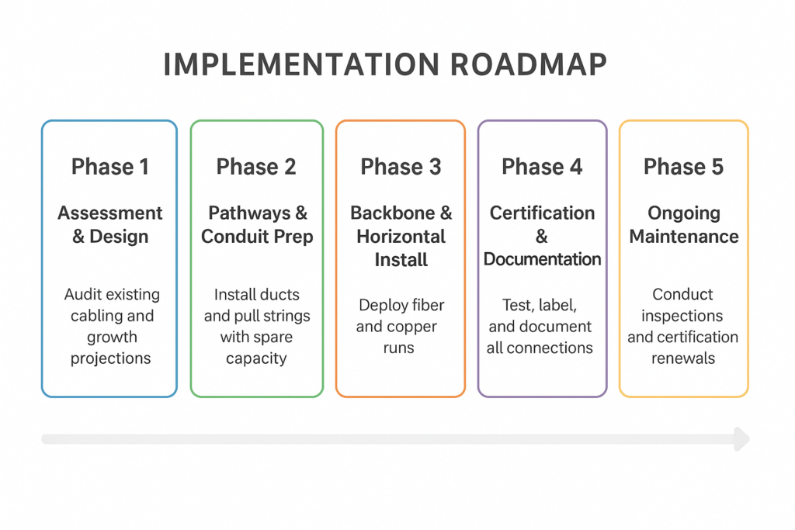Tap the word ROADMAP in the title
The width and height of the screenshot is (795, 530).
pyautogui.click(x=529, y=65)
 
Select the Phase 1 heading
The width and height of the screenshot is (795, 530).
pyautogui.click(x=109, y=167)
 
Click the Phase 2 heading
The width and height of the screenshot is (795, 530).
pyautogui.click(x=256, y=167)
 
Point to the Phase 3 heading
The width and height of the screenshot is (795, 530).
pyautogui.click(x=401, y=167)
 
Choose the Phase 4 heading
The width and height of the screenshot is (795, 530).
pyautogui.click(x=542, y=167)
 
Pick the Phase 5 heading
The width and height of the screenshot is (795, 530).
pyautogui.click(x=683, y=167)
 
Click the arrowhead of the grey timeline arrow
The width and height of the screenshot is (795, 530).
pyautogui.click(x=742, y=439)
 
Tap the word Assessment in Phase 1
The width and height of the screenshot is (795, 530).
pyautogui.click(x=110, y=213)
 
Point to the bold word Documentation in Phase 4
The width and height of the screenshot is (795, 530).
pyautogui.click(x=542, y=259)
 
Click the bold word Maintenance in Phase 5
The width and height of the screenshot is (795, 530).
pyautogui.click(x=683, y=237)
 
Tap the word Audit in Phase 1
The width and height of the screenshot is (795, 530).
pyautogui.click(x=83, y=295)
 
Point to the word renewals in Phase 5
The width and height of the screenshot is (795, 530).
pyautogui.click(x=683, y=359)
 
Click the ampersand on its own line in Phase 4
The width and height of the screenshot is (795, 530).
pyautogui.click(x=542, y=237)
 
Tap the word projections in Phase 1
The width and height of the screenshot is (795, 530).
pyautogui.click(x=110, y=359)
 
